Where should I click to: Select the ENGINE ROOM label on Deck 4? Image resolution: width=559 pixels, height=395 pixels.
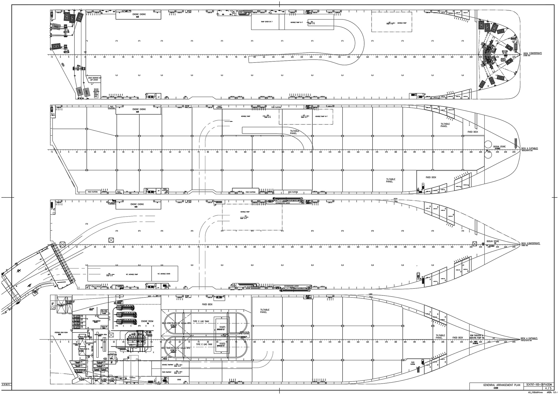pyautogui.click(x=147, y=321)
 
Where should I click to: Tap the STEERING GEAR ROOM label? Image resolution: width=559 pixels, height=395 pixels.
pyautogui.click(x=61, y=332)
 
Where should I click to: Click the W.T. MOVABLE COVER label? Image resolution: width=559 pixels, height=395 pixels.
pyautogui.click(x=164, y=274)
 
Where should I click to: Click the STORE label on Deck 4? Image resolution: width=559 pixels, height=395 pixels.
pyautogui.click(x=179, y=380)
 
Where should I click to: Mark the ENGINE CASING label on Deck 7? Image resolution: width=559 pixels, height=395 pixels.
pyautogui.click(x=139, y=14)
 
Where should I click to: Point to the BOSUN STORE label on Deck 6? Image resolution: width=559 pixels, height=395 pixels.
pyautogui.click(x=499, y=147)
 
